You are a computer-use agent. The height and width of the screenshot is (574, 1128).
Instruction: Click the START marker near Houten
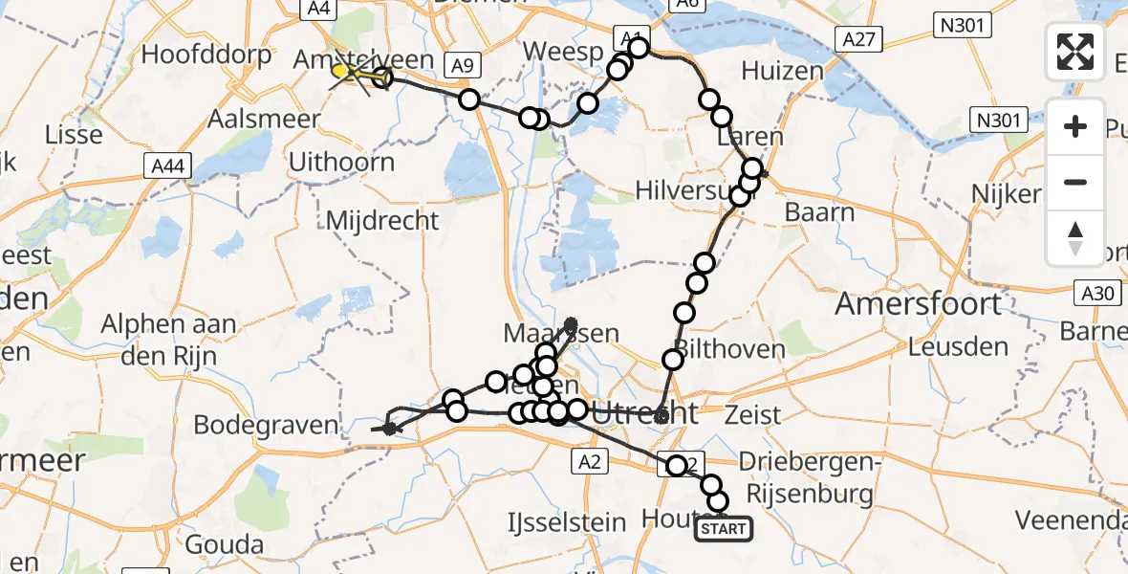[x=725, y=528]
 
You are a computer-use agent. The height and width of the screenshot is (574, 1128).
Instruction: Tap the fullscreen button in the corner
[x=1075, y=52]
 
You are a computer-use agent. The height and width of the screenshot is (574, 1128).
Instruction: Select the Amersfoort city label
[x=918, y=304]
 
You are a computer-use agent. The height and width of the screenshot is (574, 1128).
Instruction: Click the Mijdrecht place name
[x=382, y=220]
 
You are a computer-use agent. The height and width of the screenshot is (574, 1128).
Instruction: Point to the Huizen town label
[x=781, y=71]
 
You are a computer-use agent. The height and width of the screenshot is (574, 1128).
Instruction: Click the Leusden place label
[x=958, y=346]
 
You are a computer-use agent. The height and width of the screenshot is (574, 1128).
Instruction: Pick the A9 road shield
[x=463, y=65]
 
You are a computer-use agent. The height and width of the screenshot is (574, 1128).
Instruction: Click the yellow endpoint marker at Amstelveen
[x=341, y=70]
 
